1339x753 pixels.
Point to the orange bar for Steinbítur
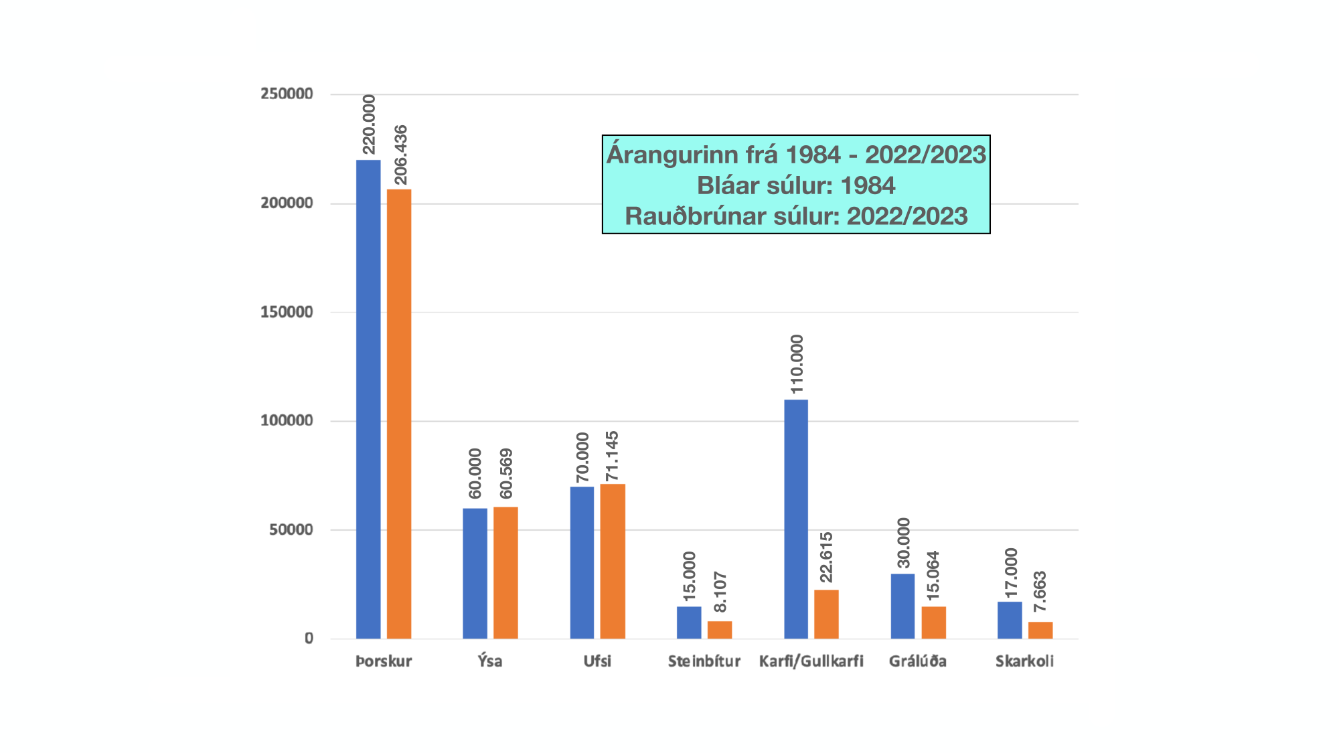pyautogui.click(x=720, y=630)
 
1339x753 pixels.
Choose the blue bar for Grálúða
pyautogui.click(x=902, y=606)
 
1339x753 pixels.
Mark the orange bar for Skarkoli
pyautogui.click(x=1040, y=630)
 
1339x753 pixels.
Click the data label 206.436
pyautogui.click(x=400, y=155)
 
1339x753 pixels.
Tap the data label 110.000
pyautogui.click(x=797, y=364)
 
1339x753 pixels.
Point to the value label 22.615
pyautogui.click(x=827, y=558)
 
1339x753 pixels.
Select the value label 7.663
pyautogui.click(x=1040, y=591)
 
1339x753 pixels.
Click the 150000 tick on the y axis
pyautogui.click(x=287, y=312)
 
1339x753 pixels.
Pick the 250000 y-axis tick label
pyautogui.click(x=287, y=94)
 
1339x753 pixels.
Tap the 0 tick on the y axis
pyautogui.click(x=309, y=639)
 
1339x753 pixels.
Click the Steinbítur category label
pyautogui.click(x=704, y=661)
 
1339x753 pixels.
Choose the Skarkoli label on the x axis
pyautogui.click(x=1024, y=661)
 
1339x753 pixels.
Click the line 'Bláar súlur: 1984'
pyautogui.click(x=796, y=185)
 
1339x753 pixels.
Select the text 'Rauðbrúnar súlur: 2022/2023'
pyautogui.click(x=796, y=216)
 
